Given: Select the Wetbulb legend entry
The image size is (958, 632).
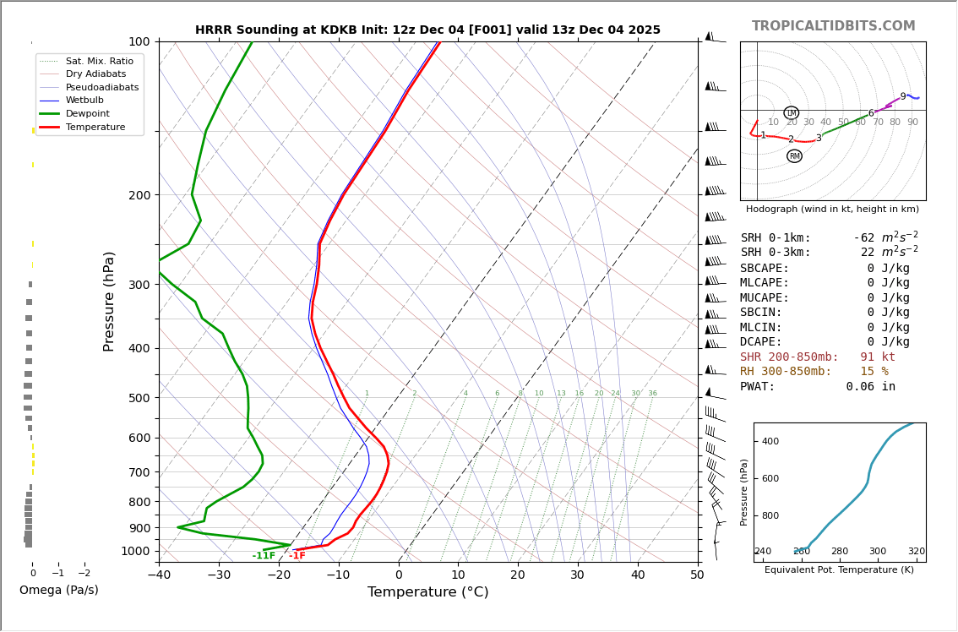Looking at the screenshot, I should pos(84,101).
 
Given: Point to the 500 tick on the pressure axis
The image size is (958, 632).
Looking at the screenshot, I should pos(139,398).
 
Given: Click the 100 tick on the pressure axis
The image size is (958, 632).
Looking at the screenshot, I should pos(139,41).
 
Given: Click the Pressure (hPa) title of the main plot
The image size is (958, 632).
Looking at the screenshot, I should pos(109,301).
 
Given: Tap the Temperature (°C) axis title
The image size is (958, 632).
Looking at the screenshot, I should pos(427,592).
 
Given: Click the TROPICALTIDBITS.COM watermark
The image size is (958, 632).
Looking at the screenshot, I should pos(833,26).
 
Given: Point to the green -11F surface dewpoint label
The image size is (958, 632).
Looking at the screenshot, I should pos(264,556).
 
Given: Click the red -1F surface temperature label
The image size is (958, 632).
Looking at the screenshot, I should pos(297,556).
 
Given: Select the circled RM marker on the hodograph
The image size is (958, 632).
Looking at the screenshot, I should pos(794,156).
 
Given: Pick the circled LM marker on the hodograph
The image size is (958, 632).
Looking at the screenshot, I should pos(791,113).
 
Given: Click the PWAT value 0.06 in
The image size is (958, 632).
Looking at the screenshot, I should pos(870,387).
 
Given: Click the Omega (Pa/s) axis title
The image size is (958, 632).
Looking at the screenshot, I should pos(59,590).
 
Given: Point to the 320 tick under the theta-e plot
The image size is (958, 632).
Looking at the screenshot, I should pos(916,552).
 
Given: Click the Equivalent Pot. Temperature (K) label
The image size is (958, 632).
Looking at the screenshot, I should pos(839,570).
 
